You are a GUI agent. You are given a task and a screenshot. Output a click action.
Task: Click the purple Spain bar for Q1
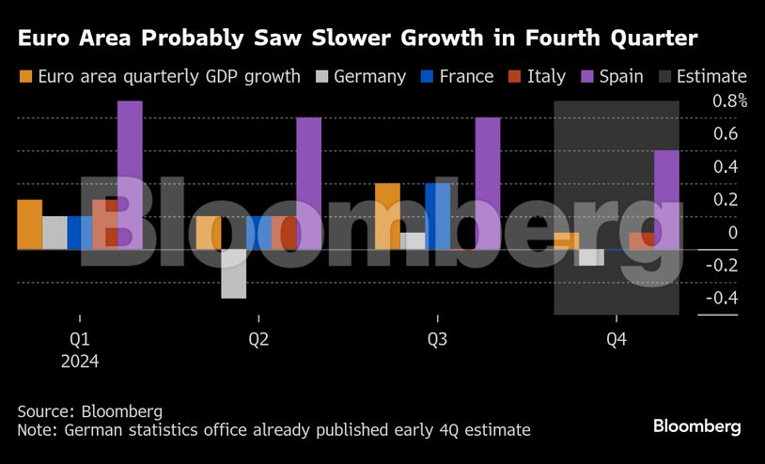(130, 175)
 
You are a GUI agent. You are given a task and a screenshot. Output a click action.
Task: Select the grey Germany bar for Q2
(234, 273)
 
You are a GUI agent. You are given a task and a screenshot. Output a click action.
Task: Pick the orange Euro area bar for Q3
(387, 216)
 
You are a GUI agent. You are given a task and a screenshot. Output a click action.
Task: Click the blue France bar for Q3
(437, 216)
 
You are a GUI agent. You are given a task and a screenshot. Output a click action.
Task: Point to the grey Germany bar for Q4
(591, 256)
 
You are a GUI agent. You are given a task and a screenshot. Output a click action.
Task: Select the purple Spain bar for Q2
(308, 183)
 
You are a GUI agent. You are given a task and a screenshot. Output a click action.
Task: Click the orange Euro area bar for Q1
(30, 224)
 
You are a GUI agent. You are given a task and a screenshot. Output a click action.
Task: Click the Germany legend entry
(361, 77)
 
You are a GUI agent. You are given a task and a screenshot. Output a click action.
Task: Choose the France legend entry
(455, 77)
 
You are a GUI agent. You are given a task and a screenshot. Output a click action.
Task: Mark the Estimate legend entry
(701, 77)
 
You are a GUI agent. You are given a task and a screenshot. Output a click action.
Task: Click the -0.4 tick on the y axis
(720, 299)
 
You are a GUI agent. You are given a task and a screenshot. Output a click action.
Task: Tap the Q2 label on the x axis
(258, 338)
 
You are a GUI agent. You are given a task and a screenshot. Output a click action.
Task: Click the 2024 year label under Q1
(80, 361)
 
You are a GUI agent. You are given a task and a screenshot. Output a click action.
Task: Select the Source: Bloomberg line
(89, 411)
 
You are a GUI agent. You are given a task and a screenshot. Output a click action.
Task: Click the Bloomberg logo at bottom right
(696, 426)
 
